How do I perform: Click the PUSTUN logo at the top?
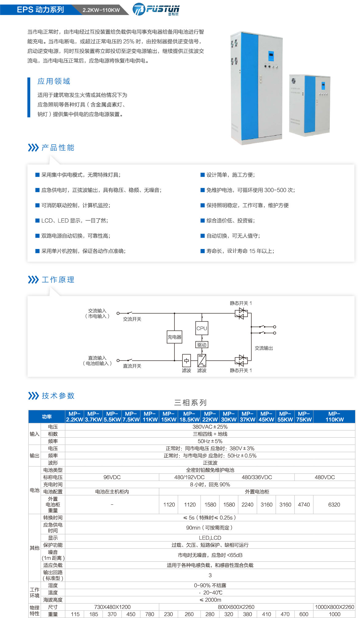pos(156,9)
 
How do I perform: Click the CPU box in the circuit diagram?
pos(202,328)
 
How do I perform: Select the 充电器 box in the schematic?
pos(174,337)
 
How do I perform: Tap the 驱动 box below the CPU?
pos(202,345)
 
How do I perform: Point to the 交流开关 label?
pos(132,319)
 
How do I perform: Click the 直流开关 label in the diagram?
pos(132,366)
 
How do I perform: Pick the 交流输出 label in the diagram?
pos(264,348)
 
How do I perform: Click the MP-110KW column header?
pos(334,417)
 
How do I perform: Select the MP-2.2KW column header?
pos(74,417)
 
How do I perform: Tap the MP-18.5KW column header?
pos(189,417)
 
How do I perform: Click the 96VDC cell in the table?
pos(112,477)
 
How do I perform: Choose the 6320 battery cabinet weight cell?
pos(334,505)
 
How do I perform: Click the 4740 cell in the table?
pos(304,505)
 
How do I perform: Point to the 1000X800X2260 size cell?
pos(334,607)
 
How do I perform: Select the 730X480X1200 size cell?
pos(112,607)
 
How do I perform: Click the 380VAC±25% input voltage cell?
pos(210,427)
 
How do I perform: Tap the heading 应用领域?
pos(54,81)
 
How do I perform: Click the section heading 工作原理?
pos(58,280)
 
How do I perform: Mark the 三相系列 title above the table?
pos(190,403)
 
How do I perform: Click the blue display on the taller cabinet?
pos(271,56)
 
